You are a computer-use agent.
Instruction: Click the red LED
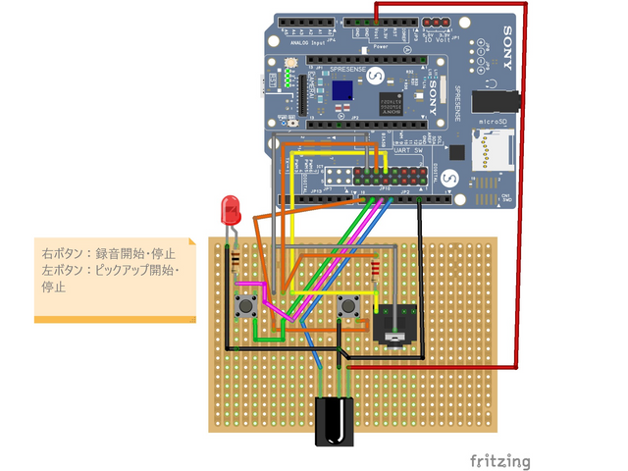point(231,208)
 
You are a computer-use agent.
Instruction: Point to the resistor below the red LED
point(235,261)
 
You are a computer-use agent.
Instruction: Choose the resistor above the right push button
point(376,269)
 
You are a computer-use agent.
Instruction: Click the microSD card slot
point(488,153)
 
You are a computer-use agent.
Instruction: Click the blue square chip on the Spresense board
point(342,89)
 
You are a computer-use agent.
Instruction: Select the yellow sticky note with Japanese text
point(113,279)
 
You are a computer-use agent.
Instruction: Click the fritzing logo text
point(499,460)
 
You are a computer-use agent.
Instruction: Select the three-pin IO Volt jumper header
point(436,21)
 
